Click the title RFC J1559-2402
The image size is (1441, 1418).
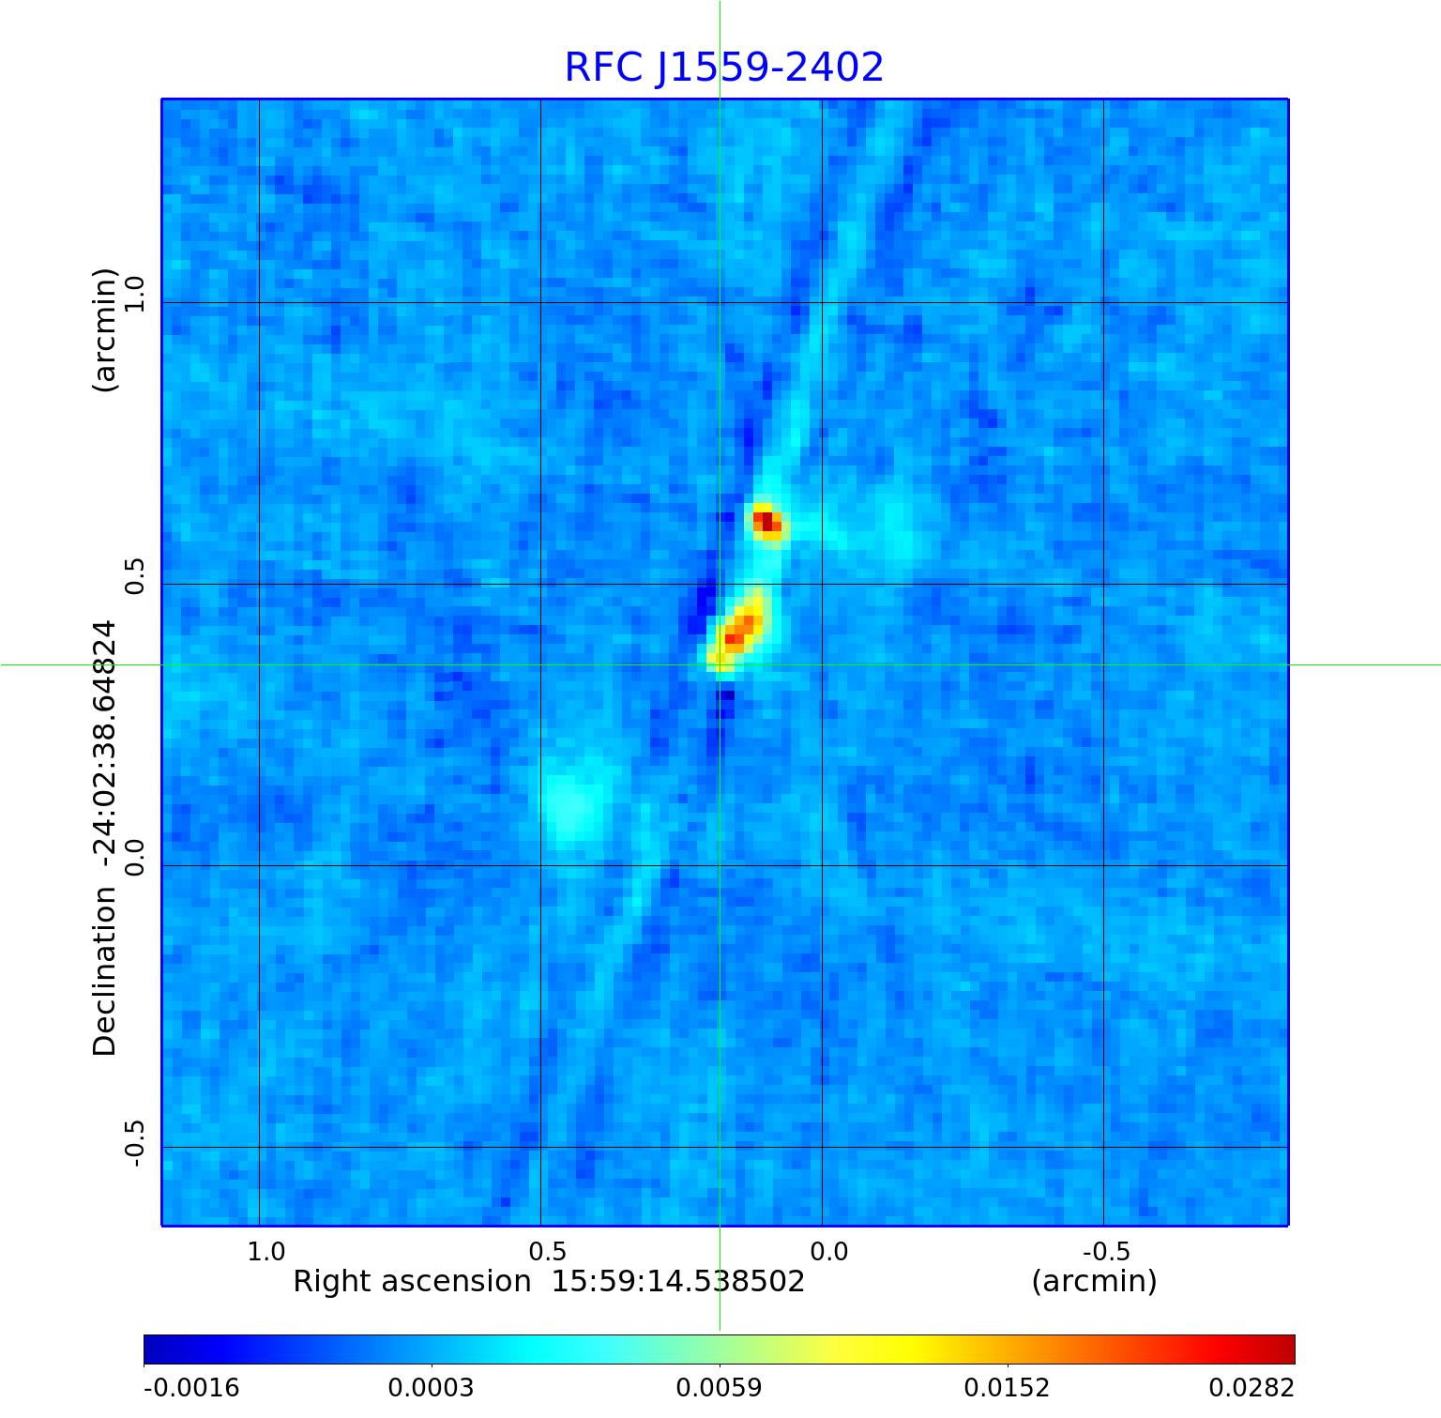(723, 68)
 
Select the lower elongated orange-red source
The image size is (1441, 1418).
(737, 631)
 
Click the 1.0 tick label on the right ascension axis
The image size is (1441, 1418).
(265, 1251)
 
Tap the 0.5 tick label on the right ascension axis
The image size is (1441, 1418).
(547, 1251)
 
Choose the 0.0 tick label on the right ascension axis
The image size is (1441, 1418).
(828, 1251)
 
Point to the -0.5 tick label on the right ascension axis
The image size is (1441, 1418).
(1106, 1251)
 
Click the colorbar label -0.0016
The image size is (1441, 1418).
(191, 1387)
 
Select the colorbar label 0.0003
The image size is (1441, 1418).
(431, 1387)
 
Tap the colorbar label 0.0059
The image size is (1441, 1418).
(719, 1387)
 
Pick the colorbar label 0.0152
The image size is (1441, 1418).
(1007, 1387)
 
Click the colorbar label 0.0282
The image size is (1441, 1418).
(1251, 1387)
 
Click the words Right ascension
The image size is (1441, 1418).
(412, 1282)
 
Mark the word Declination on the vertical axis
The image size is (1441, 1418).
(105, 971)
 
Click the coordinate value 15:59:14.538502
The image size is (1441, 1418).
(677, 1282)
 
